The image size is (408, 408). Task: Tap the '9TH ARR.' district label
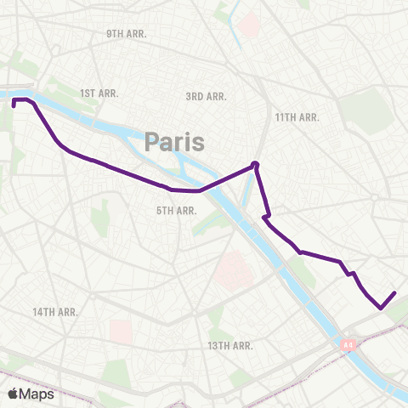click(x=127, y=33)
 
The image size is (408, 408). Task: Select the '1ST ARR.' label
click(x=99, y=92)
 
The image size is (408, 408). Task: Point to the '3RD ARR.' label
click(x=206, y=97)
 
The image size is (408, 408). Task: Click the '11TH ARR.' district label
click(x=297, y=116)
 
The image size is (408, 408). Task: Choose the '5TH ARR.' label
click(x=176, y=210)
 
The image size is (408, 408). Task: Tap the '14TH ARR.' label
click(x=55, y=312)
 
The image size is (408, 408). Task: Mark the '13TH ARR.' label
click(x=229, y=345)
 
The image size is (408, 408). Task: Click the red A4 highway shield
click(x=347, y=345)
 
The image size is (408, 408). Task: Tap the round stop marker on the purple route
click(x=255, y=166)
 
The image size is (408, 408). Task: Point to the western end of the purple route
click(x=14, y=106)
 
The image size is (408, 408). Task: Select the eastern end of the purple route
click(x=394, y=293)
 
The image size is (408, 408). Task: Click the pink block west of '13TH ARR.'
click(x=121, y=332)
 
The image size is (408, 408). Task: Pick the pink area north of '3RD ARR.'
click(x=248, y=23)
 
